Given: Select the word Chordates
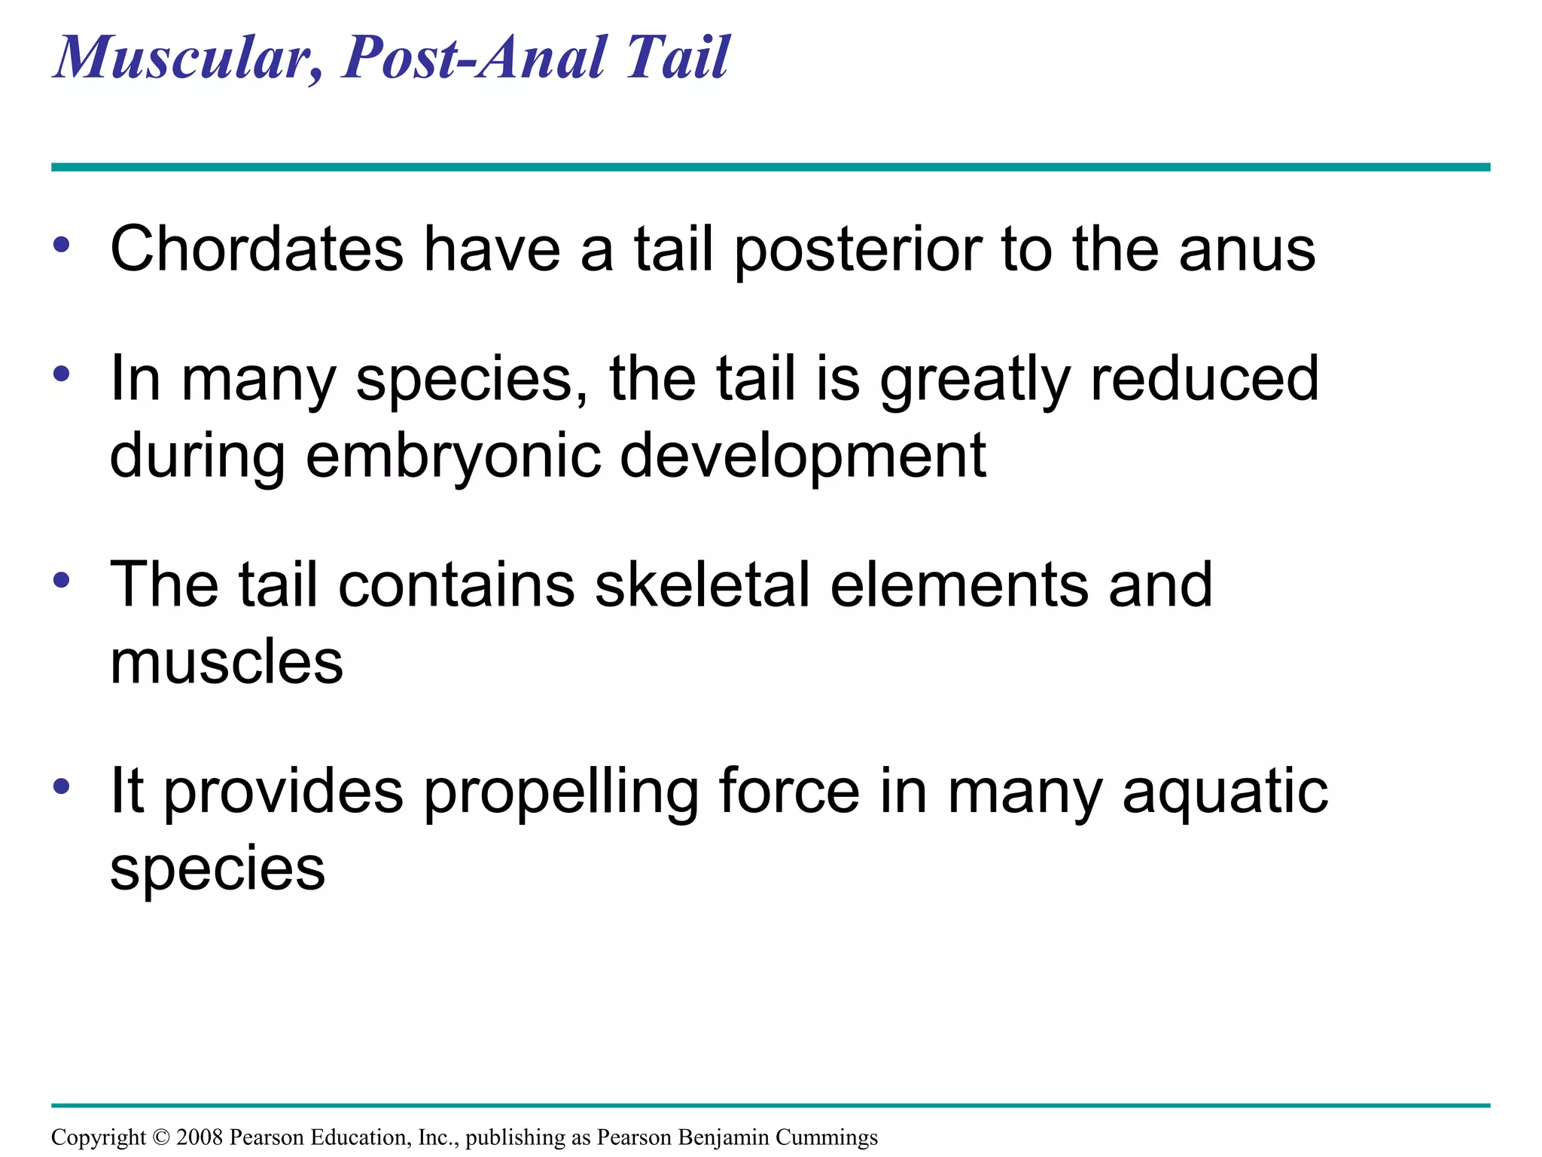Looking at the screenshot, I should [257, 249].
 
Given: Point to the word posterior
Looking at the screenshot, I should [858, 249].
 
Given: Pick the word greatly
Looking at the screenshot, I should [975, 380].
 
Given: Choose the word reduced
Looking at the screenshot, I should [1205, 378].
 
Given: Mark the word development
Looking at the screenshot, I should [803, 456].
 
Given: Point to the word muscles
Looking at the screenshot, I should [227, 663].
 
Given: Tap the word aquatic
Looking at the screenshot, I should [1225, 792].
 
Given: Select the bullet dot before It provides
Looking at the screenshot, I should [62, 786].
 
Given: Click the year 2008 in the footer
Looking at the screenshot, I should [200, 1137].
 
